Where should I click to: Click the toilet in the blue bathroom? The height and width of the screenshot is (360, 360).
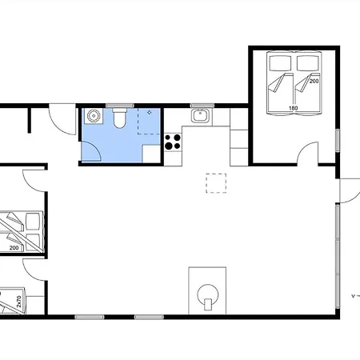pos(119,118)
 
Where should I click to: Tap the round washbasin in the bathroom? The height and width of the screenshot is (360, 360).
pos(94,116)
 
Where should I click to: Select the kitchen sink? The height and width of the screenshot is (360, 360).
pos(202,116)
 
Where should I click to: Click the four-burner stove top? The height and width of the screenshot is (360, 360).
pos(173,142)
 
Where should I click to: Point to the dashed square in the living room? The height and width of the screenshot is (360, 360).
pos(216,183)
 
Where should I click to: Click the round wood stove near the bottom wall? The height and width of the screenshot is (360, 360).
pos(208,295)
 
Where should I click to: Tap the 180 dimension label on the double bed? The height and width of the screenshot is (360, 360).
pos(293,108)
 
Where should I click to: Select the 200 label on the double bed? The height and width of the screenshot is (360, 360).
pos(314,81)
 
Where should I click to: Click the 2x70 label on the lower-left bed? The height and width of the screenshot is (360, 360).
pos(18,302)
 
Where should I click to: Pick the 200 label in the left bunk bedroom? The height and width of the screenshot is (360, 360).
pos(14,248)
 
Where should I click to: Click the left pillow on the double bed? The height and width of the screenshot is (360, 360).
pos(280,63)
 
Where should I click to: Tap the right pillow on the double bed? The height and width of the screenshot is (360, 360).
pos(308,63)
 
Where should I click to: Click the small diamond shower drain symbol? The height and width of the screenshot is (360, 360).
pos(150,113)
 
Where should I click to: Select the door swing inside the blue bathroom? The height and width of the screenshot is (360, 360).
pos(91,151)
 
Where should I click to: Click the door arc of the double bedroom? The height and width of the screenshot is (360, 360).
pos(307,153)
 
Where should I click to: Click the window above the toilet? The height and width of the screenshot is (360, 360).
pos(120,106)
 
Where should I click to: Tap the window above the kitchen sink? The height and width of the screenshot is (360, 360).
pos(202,106)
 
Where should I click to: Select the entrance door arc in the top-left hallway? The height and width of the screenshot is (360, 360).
pos(62,120)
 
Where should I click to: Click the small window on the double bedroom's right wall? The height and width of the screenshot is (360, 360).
pos(338,141)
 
